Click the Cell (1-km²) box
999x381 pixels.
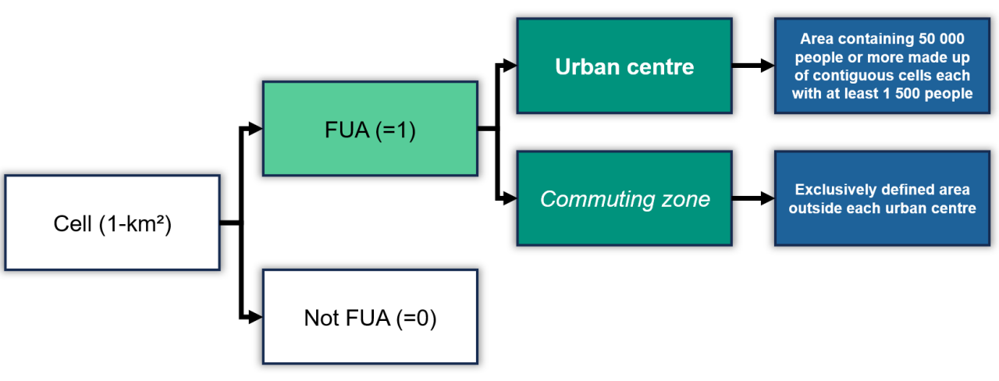tap(112, 223)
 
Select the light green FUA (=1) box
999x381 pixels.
tap(370, 128)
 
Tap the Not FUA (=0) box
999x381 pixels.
tap(370, 317)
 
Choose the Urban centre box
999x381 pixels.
tap(624, 66)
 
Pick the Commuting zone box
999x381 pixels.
tap(624, 199)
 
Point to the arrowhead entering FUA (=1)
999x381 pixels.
tap(256, 128)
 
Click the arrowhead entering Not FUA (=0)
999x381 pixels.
tap(256, 317)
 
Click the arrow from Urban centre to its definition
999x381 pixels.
tap(753, 66)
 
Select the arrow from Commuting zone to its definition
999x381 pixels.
tap(753, 199)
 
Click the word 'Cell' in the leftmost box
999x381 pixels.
tap(71, 223)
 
